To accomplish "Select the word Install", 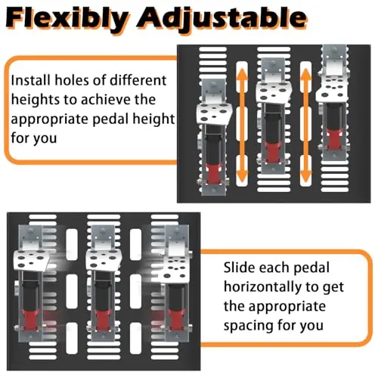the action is point(30,80).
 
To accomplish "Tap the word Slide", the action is point(239,268).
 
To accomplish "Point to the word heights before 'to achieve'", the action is point(35,99).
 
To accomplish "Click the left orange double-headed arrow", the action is point(242,125).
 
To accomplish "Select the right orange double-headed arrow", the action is point(306,125).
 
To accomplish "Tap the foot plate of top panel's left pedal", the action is point(214,113).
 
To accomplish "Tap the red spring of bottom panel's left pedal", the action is point(30,320).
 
